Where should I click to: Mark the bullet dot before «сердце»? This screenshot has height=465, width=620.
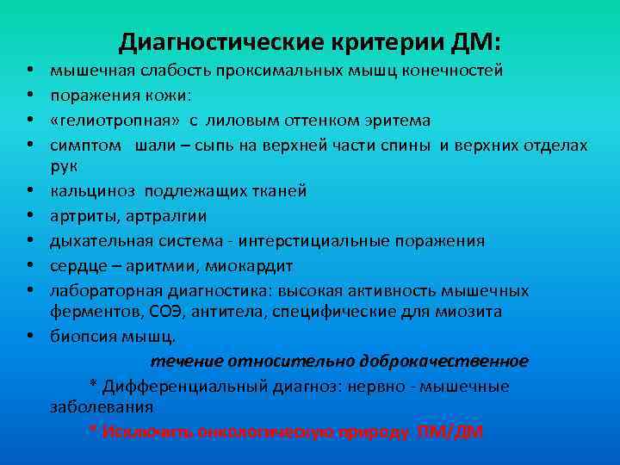pyautogui.click(x=30, y=265)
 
